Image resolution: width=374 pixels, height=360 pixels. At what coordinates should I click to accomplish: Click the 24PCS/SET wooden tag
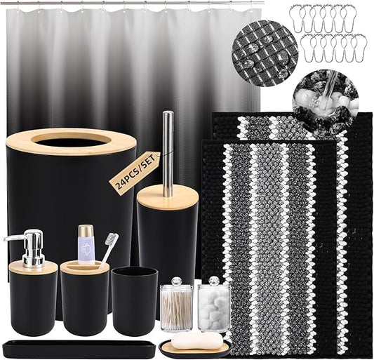[134, 171]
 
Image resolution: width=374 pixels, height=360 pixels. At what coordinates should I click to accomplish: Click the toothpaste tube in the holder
[86, 242]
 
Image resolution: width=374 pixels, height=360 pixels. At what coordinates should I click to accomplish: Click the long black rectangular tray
[69, 348]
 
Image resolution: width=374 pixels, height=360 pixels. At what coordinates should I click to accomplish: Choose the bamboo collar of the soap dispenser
[32, 267]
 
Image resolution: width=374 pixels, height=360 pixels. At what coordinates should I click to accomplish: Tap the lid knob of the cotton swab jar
[176, 280]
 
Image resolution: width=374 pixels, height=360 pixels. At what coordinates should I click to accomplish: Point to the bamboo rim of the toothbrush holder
[85, 267]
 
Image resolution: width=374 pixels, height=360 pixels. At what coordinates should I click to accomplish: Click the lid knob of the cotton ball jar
[213, 280]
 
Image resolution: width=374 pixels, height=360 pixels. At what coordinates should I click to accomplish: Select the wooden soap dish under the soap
[195, 349]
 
